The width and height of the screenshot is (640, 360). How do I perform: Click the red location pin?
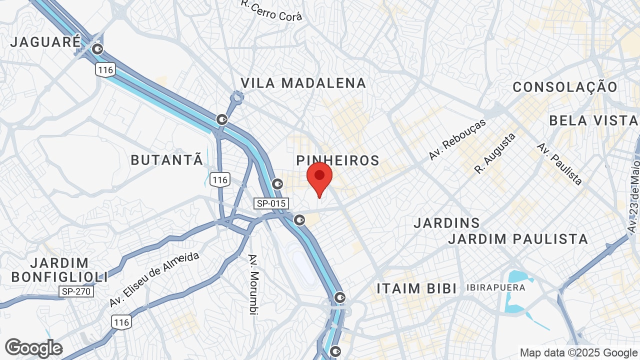coord(319,177)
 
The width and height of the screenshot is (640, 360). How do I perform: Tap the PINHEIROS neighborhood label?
coord(338,160)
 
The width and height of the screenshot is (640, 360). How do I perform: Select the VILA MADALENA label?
coord(303,83)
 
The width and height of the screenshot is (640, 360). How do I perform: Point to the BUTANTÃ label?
coord(167,160)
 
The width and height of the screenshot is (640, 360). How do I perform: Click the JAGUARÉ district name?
coord(45,42)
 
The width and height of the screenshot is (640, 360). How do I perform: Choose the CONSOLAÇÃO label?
coord(565,87)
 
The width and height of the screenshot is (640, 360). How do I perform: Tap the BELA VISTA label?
coord(593,120)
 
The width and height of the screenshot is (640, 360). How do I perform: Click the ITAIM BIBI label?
coord(416,288)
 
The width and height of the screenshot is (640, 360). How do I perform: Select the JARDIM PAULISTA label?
coord(518,239)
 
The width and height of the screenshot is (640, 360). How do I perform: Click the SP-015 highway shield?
coord(270,203)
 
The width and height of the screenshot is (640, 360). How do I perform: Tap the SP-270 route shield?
coord(76,291)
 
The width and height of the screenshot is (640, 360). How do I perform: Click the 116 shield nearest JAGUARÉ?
coord(106,69)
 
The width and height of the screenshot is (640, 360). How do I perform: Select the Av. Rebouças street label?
coord(457,139)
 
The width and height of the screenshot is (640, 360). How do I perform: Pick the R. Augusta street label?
coord(495,153)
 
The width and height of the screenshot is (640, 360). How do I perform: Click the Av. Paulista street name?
coord(559,163)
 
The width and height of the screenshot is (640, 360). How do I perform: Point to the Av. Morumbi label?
coord(254,284)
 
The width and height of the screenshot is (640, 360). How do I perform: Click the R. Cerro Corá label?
coord(271,10)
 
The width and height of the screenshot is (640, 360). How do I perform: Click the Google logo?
coord(33,348)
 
